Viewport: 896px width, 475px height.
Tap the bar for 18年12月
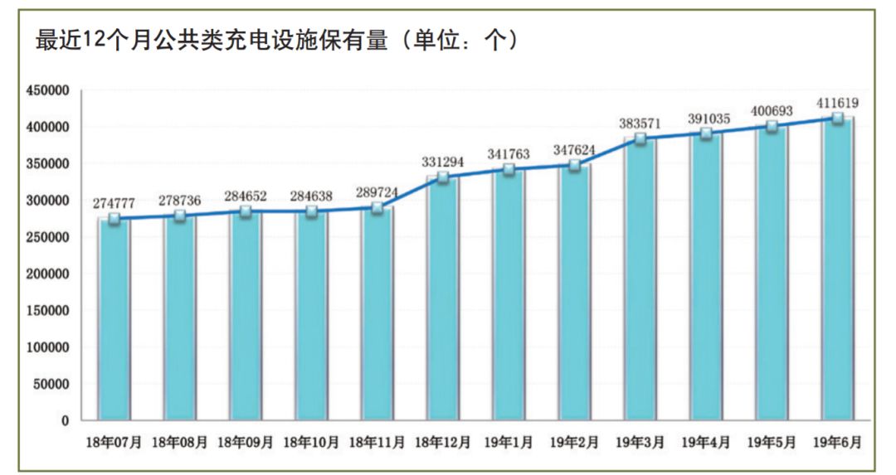(x=443, y=298)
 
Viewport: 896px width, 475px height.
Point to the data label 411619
(x=837, y=104)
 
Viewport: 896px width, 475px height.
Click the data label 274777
(x=114, y=202)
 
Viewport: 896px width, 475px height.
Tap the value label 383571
(x=639, y=124)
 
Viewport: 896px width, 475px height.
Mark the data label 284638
(x=311, y=196)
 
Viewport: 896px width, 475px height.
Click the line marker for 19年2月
(x=575, y=166)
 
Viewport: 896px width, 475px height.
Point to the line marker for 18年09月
(x=246, y=211)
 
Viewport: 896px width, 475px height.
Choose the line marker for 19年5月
(x=772, y=127)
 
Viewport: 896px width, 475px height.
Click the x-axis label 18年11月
(x=377, y=443)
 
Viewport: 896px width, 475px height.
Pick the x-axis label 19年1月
(x=509, y=443)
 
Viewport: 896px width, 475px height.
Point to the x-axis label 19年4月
(x=706, y=443)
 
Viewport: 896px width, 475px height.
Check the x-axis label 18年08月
(x=180, y=443)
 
